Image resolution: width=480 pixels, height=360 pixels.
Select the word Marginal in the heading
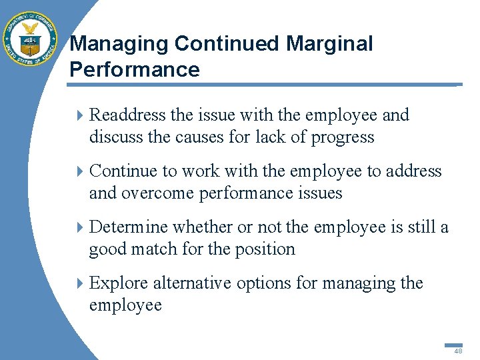click(x=329, y=44)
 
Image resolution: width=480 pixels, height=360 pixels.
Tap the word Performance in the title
click(x=135, y=70)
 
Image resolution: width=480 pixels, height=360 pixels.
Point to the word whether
click(x=202, y=227)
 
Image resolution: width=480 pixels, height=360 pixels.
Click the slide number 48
click(x=458, y=351)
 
